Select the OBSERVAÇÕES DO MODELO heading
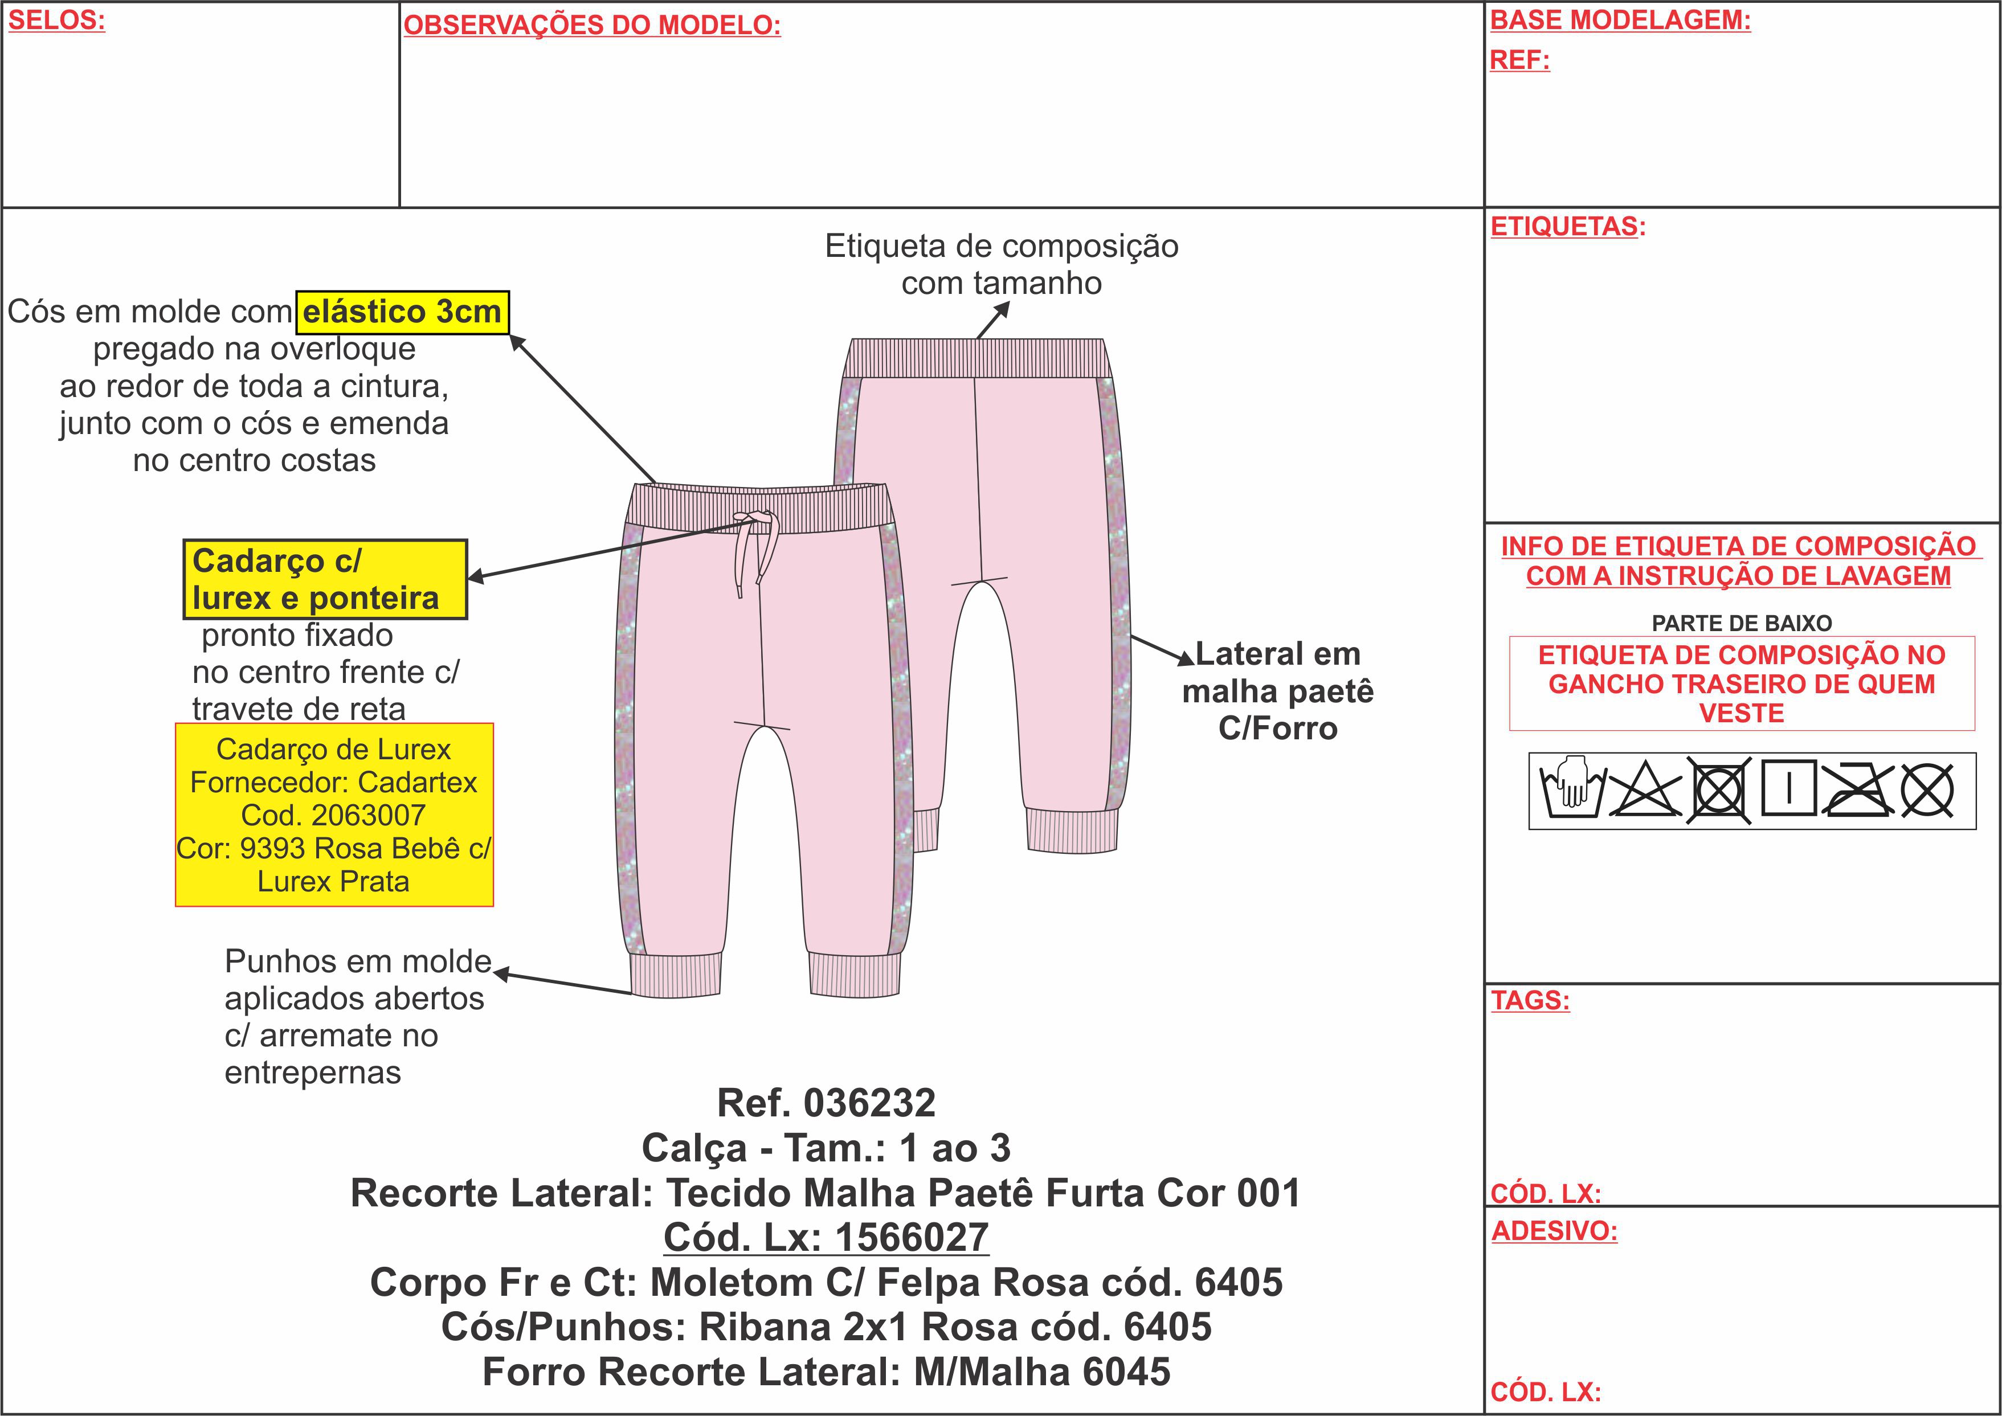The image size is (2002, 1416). pos(592,25)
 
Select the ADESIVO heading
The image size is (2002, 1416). pos(1554,1231)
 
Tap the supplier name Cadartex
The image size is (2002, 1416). pos(417,782)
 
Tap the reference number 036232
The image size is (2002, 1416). pos(869,1103)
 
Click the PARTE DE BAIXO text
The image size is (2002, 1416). pos(1741,624)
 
